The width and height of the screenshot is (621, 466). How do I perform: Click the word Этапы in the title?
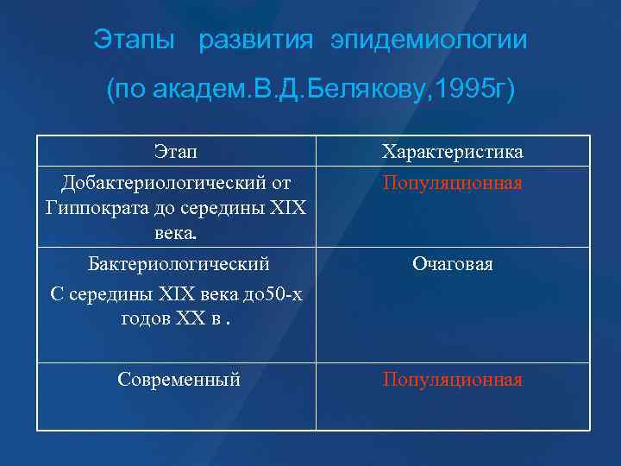tap(134, 41)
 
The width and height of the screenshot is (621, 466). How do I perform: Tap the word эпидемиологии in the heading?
tap(428, 41)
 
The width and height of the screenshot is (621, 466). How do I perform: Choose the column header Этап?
tap(175, 153)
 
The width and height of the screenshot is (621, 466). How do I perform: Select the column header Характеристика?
tap(453, 153)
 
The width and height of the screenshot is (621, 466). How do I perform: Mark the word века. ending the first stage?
tap(175, 233)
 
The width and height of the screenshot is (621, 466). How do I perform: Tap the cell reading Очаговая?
tap(453, 264)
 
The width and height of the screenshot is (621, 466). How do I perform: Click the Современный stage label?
tap(179, 380)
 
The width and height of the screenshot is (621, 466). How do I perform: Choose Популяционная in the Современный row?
tap(453, 380)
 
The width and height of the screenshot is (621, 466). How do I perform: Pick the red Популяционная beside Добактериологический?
tap(453, 184)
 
